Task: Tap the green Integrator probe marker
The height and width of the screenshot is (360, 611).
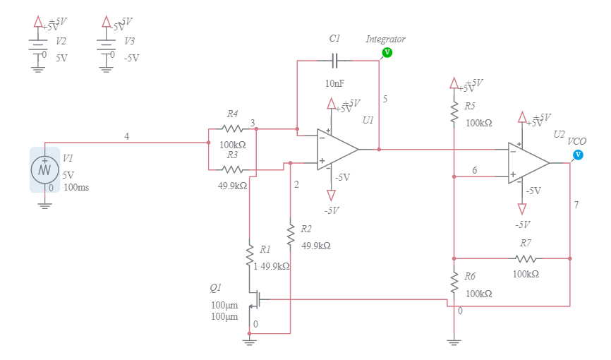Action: pos(387,52)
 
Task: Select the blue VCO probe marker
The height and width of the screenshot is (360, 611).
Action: pos(579,155)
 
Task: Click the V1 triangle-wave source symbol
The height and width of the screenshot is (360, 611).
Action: pos(45,169)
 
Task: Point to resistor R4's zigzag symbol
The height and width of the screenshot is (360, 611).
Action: pos(232,129)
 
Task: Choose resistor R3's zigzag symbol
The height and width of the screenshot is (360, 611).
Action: pos(232,169)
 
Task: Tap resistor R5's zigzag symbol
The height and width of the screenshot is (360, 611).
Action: pos(454,112)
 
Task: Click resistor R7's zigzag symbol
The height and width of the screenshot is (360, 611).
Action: pos(526,258)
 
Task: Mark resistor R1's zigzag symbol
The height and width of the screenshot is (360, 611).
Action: pos(249,256)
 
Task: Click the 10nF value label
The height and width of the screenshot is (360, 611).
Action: pos(334,84)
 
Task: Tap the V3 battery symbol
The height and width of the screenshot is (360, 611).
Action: pos(106,47)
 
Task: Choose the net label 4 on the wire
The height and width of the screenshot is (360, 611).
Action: pos(126,136)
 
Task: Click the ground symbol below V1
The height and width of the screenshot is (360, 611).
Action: pos(45,204)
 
